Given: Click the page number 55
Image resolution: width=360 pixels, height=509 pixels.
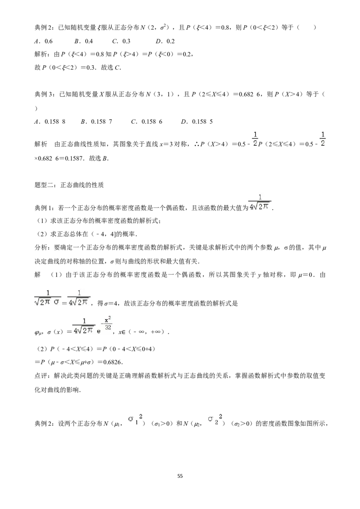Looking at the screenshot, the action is (x=180, y=476).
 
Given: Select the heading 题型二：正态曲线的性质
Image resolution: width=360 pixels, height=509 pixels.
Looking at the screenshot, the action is (x=69, y=185).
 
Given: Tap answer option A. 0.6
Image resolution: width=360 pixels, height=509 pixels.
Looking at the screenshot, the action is (x=43, y=41).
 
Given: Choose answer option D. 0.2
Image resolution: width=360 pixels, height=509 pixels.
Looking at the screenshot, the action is (x=165, y=41).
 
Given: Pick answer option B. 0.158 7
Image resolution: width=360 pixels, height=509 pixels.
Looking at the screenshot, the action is (x=96, y=121).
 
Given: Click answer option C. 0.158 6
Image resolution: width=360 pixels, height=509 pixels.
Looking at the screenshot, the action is (x=147, y=121).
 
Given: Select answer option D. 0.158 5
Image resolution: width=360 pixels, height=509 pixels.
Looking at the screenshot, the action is (x=197, y=121).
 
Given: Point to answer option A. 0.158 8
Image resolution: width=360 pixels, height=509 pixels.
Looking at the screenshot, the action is (x=50, y=121).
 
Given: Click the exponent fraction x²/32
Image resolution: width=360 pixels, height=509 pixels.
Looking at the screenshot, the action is (x=108, y=323).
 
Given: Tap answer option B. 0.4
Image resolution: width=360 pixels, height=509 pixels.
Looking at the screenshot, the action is (x=84, y=41).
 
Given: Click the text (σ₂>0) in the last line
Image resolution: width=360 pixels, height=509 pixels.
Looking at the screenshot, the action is (x=242, y=424).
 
